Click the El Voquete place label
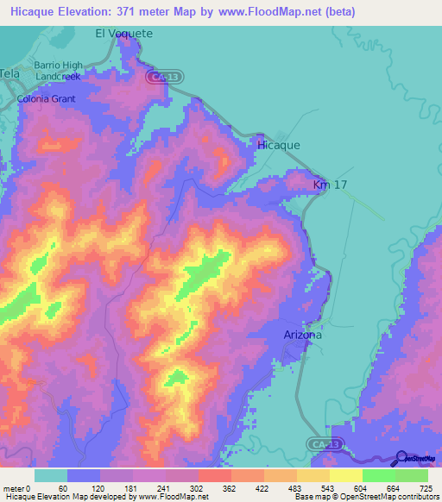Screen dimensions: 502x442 pyautogui.click(x=123, y=34)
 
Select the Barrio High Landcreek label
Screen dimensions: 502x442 pyautogui.click(x=58, y=71)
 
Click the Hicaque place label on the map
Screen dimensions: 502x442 pyautogui.click(x=279, y=145)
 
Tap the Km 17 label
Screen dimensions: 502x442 pyautogui.click(x=331, y=185)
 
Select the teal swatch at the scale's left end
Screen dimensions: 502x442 pyautogui.click(x=51, y=475)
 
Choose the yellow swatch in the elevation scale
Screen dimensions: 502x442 pyautogui.click(x=345, y=475)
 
